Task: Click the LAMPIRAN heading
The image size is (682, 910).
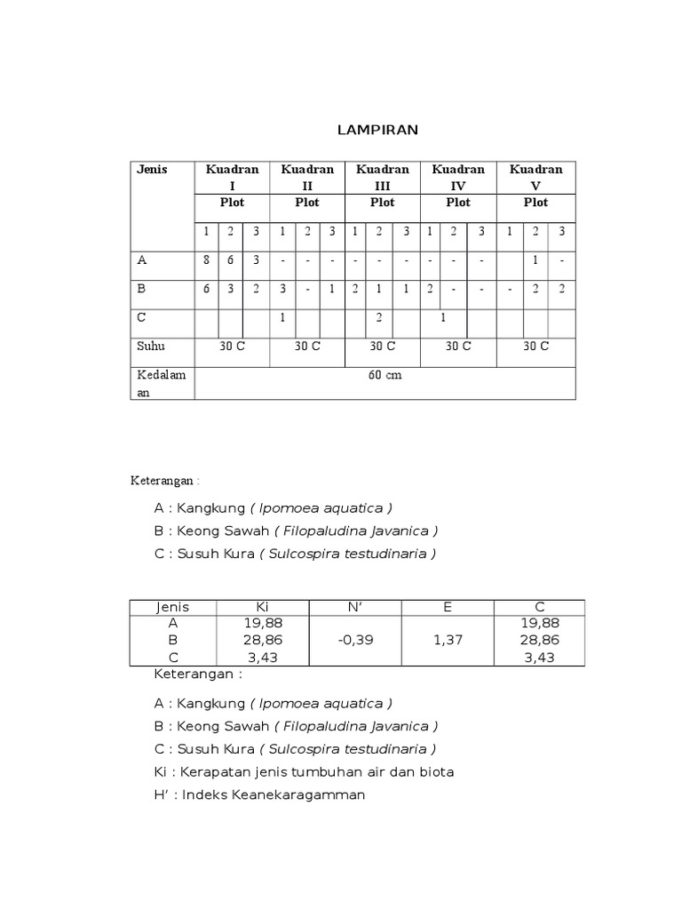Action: pyautogui.click(x=377, y=131)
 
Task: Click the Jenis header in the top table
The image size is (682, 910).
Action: pyautogui.click(x=152, y=169)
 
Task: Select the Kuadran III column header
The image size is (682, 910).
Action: pyautogui.click(x=383, y=177)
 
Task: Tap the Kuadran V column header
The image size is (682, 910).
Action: pyautogui.click(x=535, y=177)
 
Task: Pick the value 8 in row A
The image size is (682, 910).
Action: pyautogui.click(x=206, y=261)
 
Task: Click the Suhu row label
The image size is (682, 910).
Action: pyautogui.click(x=150, y=346)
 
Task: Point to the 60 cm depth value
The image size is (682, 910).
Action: pyautogui.click(x=385, y=375)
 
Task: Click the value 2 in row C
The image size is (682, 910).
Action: pyautogui.click(x=378, y=317)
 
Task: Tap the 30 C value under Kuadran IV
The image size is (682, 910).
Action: pyautogui.click(x=458, y=346)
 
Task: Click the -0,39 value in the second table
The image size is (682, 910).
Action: pyautogui.click(x=355, y=639)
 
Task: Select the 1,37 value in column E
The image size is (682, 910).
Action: pyautogui.click(x=448, y=639)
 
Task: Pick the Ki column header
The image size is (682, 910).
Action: pyautogui.click(x=261, y=607)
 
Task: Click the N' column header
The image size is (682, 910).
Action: pyautogui.click(x=354, y=607)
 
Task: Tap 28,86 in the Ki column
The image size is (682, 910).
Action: pyautogui.click(x=261, y=639)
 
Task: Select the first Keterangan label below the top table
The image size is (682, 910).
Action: pyautogui.click(x=165, y=480)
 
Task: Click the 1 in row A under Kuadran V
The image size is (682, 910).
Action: pyautogui.click(x=535, y=261)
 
